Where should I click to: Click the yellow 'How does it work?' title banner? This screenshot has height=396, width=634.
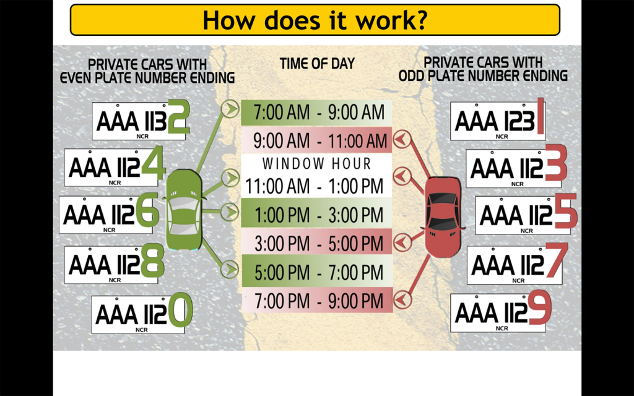(x=315, y=20)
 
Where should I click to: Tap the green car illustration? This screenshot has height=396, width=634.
(x=184, y=209)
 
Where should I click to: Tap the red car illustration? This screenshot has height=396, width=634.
(x=443, y=217)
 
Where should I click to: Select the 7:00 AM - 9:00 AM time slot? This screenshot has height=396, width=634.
(x=316, y=113)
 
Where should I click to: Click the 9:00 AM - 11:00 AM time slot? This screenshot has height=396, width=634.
(x=316, y=140)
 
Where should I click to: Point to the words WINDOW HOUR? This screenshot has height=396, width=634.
(x=316, y=163)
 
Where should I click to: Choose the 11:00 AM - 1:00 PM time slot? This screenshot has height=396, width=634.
(x=315, y=186)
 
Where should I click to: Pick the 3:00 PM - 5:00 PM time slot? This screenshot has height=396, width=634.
(x=316, y=243)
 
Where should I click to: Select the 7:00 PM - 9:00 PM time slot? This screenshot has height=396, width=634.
(x=316, y=300)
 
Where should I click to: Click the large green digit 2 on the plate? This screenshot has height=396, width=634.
(x=178, y=117)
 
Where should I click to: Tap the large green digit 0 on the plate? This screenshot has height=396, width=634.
(x=180, y=310)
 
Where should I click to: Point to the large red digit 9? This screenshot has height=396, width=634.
(x=540, y=307)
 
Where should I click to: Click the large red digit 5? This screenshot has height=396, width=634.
(x=566, y=210)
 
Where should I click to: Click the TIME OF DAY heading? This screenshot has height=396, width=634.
(x=317, y=64)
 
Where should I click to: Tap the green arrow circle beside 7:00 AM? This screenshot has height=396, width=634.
(x=230, y=109)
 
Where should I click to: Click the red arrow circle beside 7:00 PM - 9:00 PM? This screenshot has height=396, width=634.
(x=402, y=299)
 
